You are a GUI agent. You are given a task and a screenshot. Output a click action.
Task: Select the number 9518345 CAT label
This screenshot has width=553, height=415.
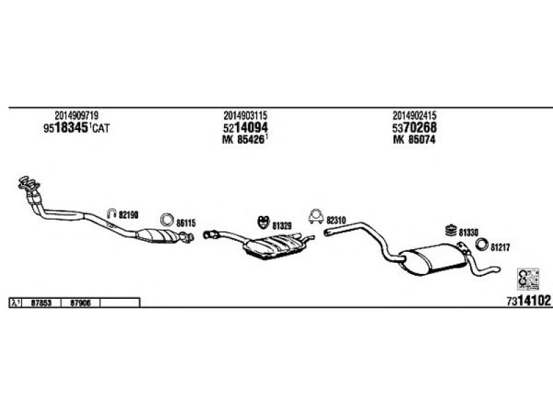pos(77,129)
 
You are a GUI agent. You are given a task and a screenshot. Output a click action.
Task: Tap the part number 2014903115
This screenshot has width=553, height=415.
pos(245,116)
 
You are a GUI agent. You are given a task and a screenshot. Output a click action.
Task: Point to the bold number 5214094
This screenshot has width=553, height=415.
pos(245,128)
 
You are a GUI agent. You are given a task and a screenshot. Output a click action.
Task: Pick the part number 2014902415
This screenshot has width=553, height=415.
pos(414,116)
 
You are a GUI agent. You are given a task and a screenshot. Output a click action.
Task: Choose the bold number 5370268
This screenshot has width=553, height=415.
pos(414,128)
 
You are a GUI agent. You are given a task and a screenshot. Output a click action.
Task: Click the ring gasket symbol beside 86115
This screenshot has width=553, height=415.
pos(167,221)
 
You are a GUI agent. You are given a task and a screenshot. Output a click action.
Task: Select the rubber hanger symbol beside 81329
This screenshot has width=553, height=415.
pos(262,222)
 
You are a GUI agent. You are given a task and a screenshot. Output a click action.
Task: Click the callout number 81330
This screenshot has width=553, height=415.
pos(468,232)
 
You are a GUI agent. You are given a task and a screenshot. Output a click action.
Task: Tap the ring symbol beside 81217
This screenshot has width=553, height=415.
pos(481,245)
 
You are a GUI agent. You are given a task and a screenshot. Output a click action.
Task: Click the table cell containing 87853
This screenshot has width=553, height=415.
pos(41,303)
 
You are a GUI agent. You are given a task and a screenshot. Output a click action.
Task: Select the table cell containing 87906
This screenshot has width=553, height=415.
pos(81,303)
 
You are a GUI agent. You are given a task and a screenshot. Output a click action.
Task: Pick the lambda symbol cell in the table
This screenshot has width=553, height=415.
pos(15,303)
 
